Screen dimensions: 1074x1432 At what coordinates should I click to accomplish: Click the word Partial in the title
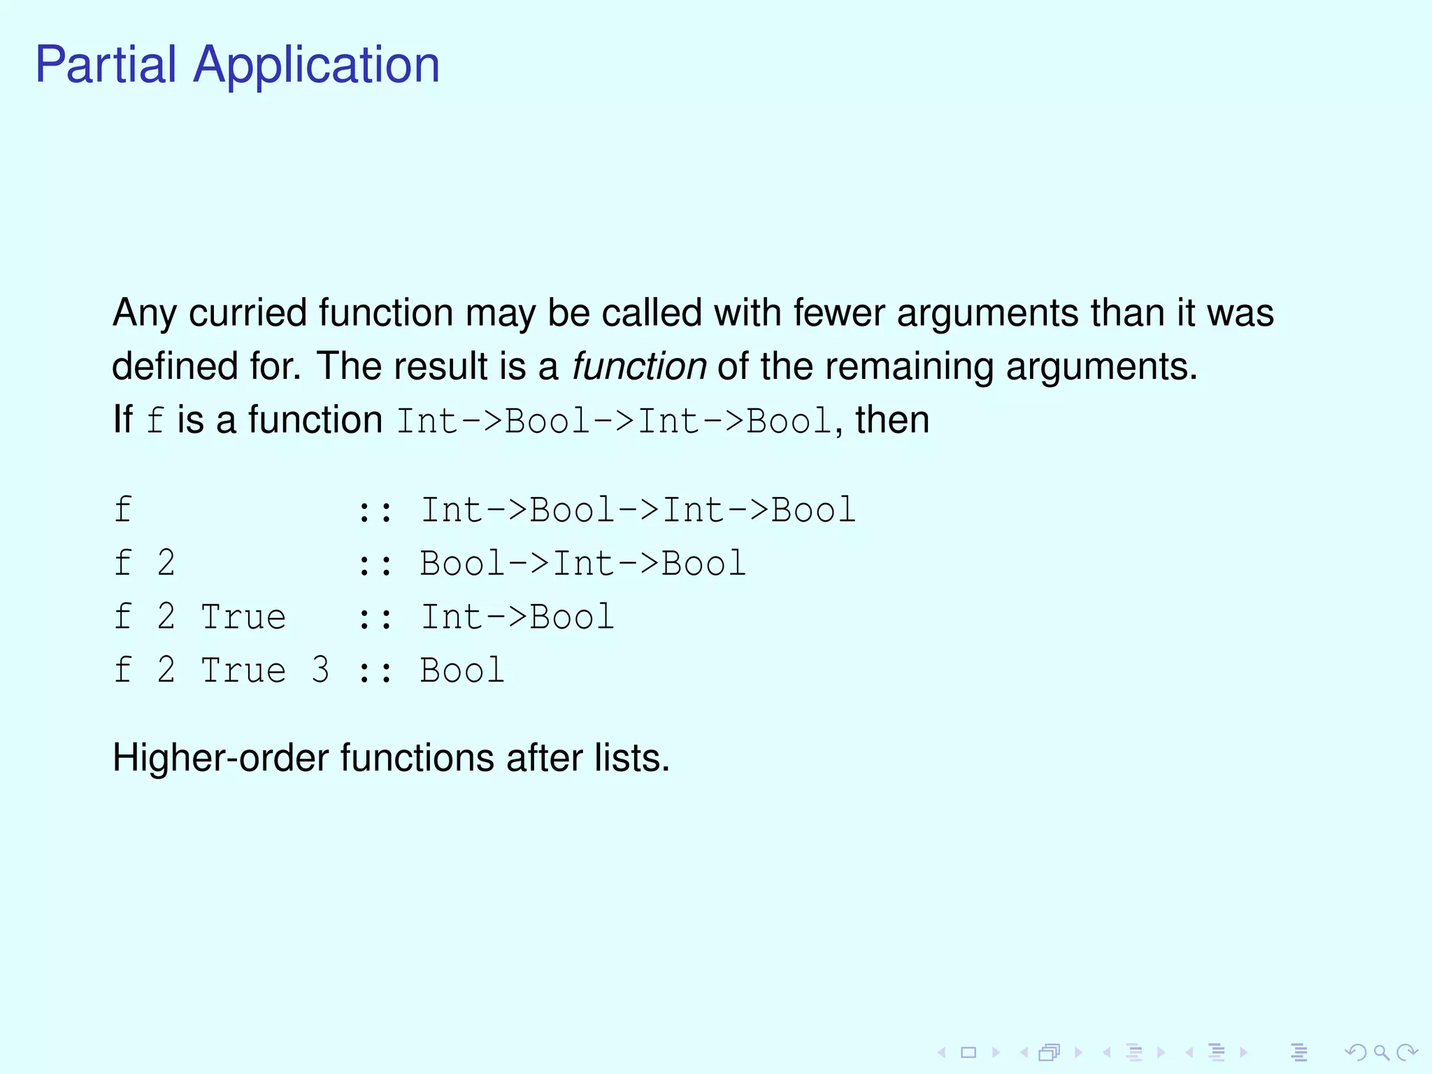(106, 65)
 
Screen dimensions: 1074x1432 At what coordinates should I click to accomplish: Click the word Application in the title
(316, 65)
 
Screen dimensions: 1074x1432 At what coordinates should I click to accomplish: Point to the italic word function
(639, 366)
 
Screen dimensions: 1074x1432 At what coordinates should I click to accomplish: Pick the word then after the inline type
(892, 420)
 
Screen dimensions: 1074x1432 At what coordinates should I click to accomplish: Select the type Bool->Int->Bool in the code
(583, 564)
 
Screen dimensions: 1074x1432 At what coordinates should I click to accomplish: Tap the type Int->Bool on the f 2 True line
(517, 617)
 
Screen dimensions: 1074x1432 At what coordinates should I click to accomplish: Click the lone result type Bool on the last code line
(462, 671)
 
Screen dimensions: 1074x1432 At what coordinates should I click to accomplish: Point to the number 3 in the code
(320, 671)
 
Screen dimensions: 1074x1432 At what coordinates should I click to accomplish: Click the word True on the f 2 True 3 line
(243, 671)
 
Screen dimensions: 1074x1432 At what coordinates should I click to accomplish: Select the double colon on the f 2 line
(375, 564)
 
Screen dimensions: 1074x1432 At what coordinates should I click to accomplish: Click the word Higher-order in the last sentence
(220, 758)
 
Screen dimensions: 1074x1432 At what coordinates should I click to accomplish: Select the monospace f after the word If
(155, 421)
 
